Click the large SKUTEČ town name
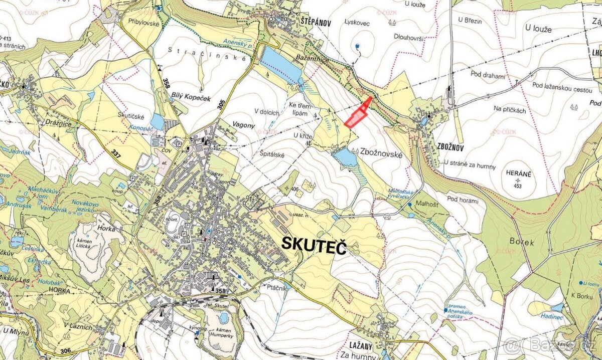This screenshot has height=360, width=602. click(314, 245)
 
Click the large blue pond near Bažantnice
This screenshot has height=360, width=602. click(279, 64)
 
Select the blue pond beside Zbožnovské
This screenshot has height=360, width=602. click(345, 157)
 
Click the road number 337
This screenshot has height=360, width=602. click(116, 152)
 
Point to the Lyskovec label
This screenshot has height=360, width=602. click(357, 22)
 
